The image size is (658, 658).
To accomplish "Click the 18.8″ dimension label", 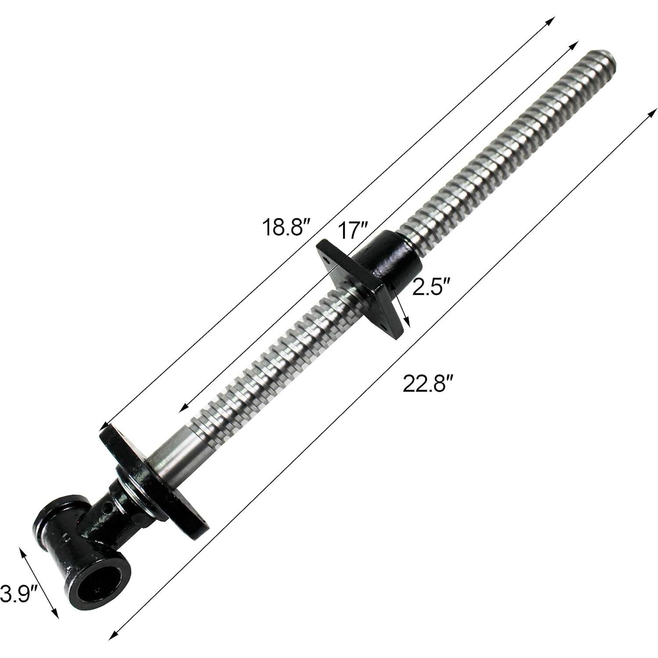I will click(x=286, y=227).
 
